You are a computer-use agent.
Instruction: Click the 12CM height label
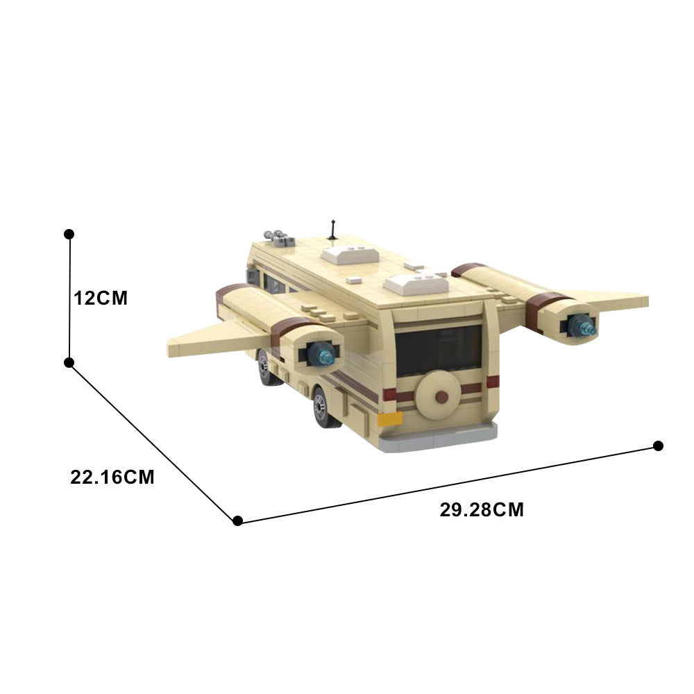101,298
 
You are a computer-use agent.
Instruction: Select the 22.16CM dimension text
112,477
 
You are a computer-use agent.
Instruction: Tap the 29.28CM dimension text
482,510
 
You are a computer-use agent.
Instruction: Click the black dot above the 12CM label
69,235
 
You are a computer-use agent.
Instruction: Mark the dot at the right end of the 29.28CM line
658,446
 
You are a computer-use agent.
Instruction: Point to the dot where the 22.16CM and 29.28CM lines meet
237,520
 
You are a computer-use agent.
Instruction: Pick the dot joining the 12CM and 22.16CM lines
69,362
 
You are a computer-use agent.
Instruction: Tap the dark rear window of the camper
439,350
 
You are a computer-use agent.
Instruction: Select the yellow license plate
390,418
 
